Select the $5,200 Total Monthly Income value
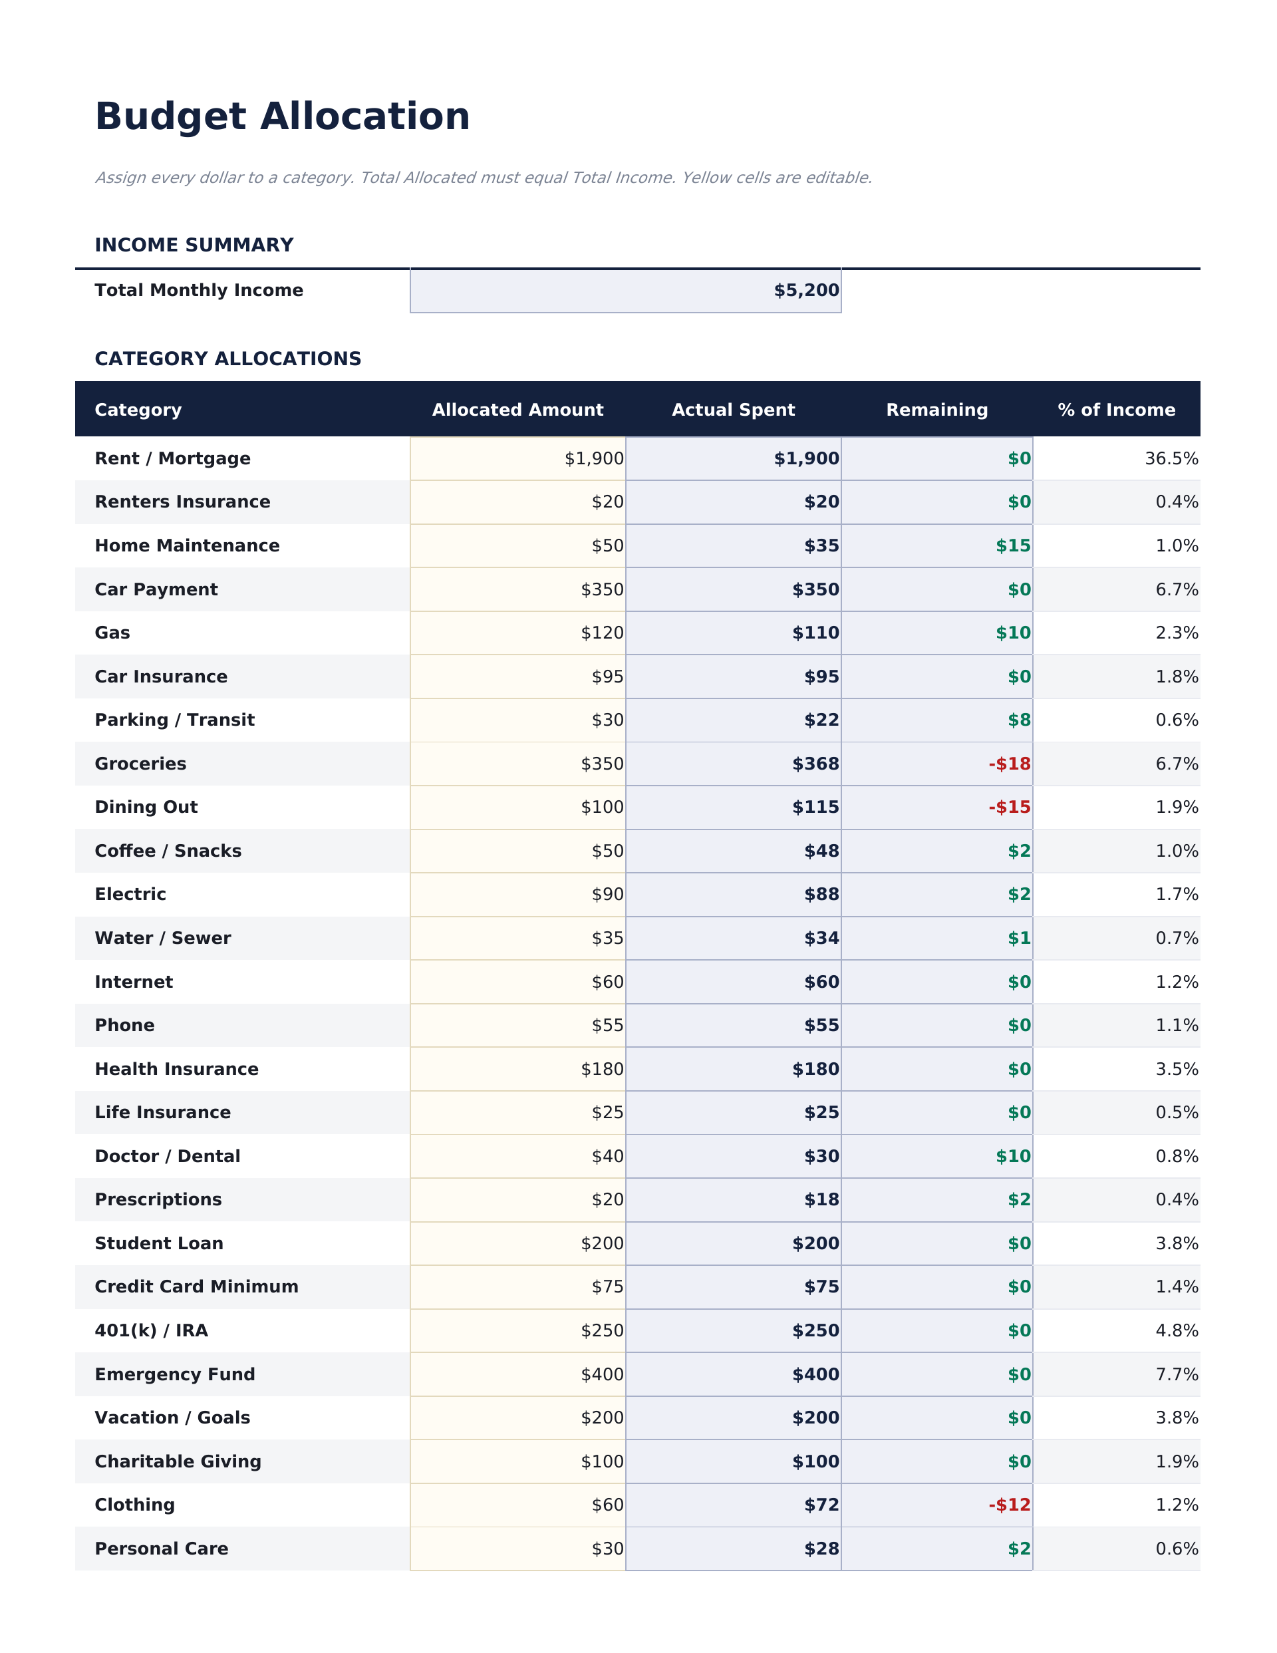[805, 291]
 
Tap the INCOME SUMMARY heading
[194, 245]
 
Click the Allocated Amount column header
[517, 410]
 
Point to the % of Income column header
[1116, 410]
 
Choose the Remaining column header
[936, 410]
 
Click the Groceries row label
[140, 764]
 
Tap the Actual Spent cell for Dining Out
[815, 807]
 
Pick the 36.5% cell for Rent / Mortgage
[1171, 459]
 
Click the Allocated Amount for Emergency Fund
[602, 1374]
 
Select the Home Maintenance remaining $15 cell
[1013, 545]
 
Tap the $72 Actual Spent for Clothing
[821, 1505]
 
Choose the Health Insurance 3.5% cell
[1177, 1070]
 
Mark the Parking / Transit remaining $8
[1019, 720]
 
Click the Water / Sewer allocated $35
[607, 939]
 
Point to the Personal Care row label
[161, 1549]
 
